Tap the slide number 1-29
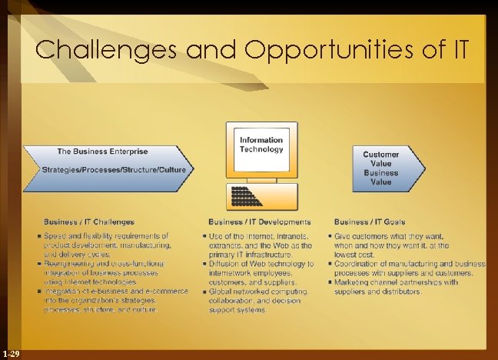tap(11, 353)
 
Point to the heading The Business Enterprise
tap(102, 151)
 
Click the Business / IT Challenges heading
tap(88, 222)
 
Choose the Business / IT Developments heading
tap(259, 222)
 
